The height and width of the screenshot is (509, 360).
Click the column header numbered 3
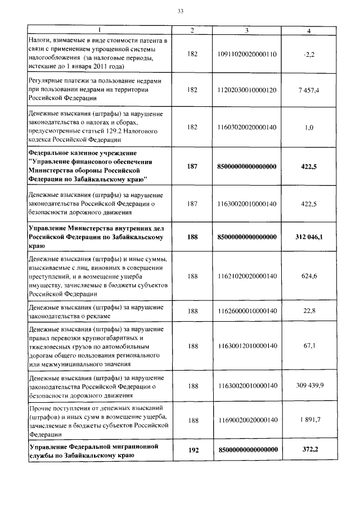click(247, 30)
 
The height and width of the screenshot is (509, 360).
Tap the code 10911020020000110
click(247, 53)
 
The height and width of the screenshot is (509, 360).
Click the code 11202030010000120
click(247, 90)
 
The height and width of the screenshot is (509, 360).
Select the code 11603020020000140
click(247, 128)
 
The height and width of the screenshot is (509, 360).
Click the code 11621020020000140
click(247, 276)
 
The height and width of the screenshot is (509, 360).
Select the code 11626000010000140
click(247, 311)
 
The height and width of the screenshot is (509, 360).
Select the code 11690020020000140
click(247, 420)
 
